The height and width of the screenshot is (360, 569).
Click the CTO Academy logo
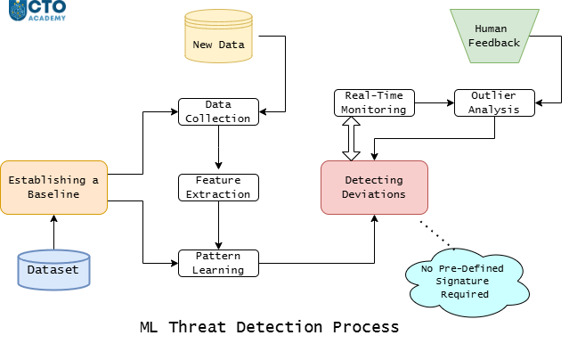click(37, 10)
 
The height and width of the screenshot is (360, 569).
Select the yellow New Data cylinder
click(218, 36)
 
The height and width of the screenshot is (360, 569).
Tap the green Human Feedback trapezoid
click(494, 36)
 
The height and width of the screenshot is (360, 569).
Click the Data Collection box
click(218, 112)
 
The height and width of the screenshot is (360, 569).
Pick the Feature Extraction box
click(218, 187)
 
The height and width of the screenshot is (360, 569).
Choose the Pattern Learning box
click(218, 264)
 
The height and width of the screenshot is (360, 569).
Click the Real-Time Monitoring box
click(374, 102)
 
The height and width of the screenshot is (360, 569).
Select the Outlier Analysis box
click(494, 102)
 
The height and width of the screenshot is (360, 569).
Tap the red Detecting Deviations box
click(374, 187)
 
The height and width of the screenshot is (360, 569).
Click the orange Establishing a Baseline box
click(53, 187)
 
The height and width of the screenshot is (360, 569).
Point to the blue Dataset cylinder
click(53, 270)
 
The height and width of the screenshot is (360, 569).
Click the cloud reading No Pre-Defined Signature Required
click(467, 282)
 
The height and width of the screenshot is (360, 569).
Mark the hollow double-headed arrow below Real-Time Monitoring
click(351, 138)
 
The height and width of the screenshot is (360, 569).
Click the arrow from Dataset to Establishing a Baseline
click(54, 233)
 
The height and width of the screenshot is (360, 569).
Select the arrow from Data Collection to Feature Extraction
click(218, 148)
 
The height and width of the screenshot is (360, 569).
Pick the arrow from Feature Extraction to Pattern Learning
click(218, 225)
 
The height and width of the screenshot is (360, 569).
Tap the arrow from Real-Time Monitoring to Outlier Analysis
click(435, 102)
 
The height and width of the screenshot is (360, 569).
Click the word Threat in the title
click(198, 327)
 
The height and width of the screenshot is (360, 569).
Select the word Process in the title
click(366, 327)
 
